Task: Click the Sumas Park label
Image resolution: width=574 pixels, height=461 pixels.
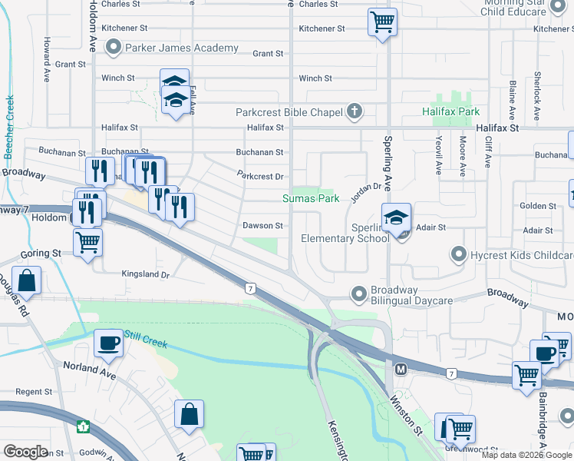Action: coord(311,198)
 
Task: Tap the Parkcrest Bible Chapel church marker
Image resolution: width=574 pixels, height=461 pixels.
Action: coord(354,112)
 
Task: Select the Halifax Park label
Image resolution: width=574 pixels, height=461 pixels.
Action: coord(450,112)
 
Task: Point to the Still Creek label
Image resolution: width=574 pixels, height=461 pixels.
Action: coord(145,336)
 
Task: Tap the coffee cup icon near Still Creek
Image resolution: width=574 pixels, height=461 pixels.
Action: coord(108,343)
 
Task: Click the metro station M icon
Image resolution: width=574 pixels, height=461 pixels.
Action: coord(400,370)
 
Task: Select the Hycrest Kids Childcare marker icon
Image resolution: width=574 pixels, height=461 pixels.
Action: coord(459,254)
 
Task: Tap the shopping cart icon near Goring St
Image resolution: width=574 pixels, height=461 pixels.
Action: coord(88,242)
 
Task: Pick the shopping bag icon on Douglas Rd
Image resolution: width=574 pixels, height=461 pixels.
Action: coord(27,281)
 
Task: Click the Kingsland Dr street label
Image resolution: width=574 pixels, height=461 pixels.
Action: coord(145,274)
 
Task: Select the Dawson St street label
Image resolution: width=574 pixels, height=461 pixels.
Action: coord(263,226)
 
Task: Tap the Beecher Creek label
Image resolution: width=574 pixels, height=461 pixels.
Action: coord(9,127)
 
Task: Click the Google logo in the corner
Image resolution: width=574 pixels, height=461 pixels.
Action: coord(25,451)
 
